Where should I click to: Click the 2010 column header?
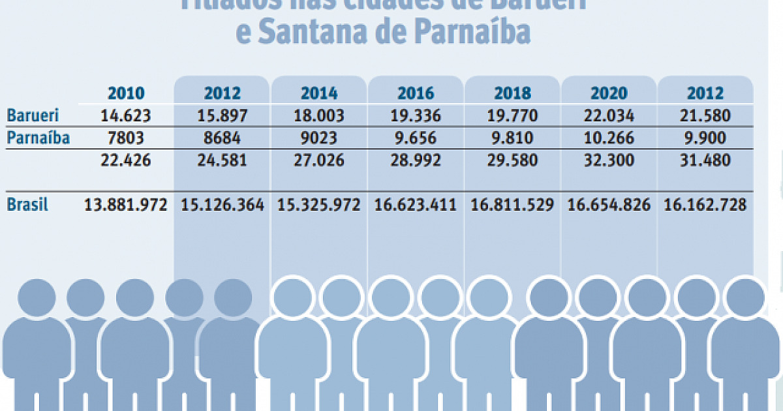[126, 93]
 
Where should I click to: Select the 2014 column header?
[318, 93]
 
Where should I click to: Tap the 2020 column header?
[609, 93]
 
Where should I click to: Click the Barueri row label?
[33, 116]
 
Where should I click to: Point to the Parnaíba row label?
[38, 138]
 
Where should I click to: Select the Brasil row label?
[27, 205]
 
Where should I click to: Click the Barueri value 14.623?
[126, 116]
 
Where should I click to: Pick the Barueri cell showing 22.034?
[609, 116]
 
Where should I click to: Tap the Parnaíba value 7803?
[126, 138]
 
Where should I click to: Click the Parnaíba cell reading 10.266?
[609, 138]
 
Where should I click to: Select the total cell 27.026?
[318, 160]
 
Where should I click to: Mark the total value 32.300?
[609, 160]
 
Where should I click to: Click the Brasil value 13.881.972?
[126, 205]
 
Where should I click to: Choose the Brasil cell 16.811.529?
[512, 205]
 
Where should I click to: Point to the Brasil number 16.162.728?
[705, 205]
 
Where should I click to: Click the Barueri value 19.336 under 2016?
[415, 116]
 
